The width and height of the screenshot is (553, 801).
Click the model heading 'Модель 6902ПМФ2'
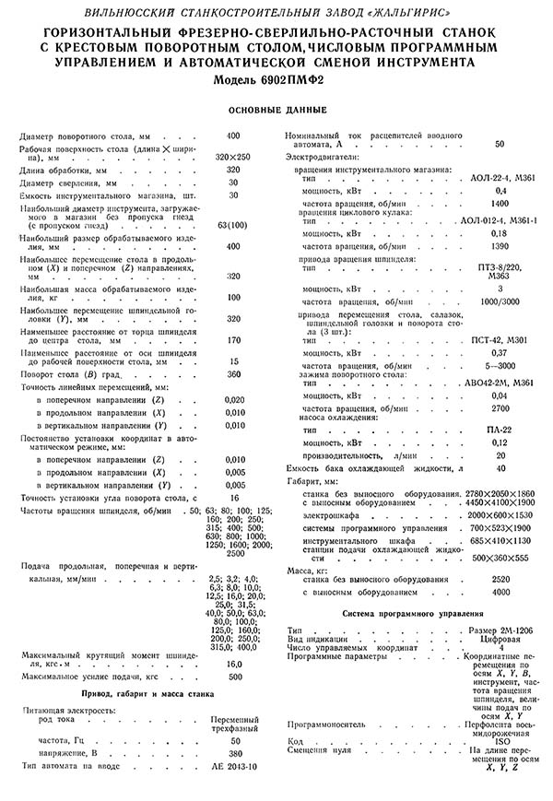pyautogui.click(x=276, y=79)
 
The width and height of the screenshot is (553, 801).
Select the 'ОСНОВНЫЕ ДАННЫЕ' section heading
pyautogui.click(x=276, y=111)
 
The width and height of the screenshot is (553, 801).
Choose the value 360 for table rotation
pyautogui.click(x=233, y=374)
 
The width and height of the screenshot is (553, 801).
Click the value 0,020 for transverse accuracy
pyautogui.click(x=234, y=400)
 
